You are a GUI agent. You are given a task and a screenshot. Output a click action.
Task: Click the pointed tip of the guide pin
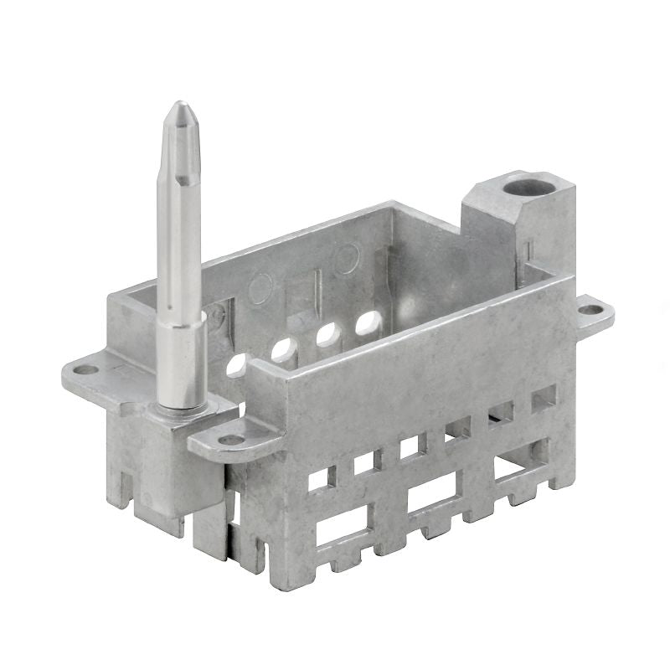(x=180, y=106)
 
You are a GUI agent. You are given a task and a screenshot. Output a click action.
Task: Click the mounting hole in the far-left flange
(x=85, y=369)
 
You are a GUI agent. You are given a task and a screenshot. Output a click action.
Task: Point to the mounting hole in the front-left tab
(x=231, y=439)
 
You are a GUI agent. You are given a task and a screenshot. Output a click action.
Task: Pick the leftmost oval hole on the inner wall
(x=236, y=364)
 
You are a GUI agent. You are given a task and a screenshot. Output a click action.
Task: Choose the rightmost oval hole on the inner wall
(x=368, y=322)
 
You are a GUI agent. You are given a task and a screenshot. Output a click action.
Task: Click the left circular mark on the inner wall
(x=261, y=290)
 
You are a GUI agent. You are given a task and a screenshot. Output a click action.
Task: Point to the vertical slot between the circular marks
(x=317, y=285)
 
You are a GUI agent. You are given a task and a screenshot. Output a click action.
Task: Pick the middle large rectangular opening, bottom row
(x=432, y=493)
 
